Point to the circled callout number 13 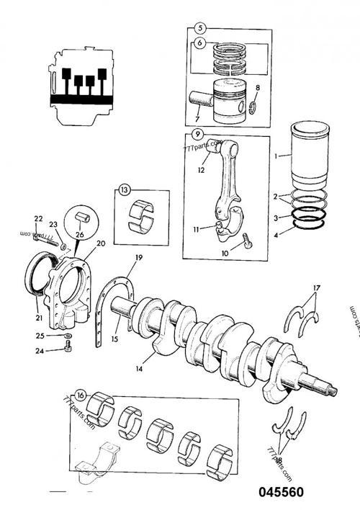tap(125, 191)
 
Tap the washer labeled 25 tap(67, 336)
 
